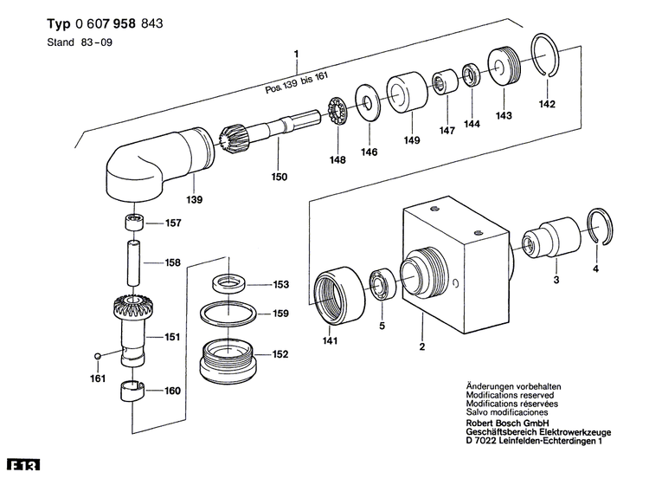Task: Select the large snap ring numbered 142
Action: (543, 56)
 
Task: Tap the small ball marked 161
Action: (100, 354)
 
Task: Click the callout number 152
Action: (280, 354)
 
